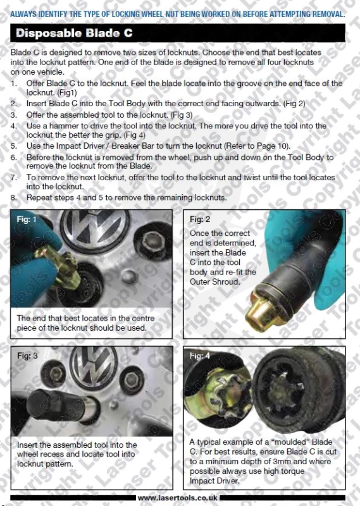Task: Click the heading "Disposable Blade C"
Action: click(74, 34)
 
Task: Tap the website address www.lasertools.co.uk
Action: click(178, 498)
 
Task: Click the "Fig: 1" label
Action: click(27, 219)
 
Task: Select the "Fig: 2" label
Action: click(199, 219)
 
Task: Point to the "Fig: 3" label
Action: click(27, 355)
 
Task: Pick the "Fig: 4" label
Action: click(199, 355)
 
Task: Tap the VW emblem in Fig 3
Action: click(94, 366)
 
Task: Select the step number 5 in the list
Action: click(13, 146)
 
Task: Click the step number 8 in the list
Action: click(13, 198)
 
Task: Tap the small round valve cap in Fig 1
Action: click(129, 277)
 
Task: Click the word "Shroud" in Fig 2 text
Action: click(227, 281)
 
